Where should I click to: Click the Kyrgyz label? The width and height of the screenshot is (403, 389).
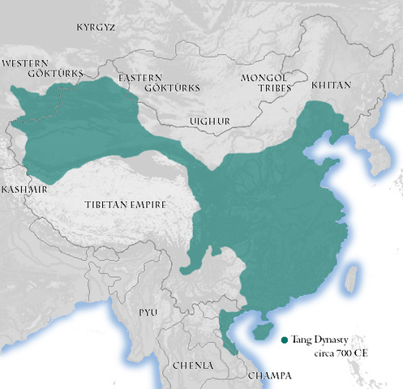click(96, 27)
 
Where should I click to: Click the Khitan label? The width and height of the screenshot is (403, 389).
click(331, 84)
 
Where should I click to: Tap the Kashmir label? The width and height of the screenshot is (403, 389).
click(24, 188)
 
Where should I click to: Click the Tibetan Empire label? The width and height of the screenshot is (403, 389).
click(125, 205)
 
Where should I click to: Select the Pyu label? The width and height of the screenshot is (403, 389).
click(148, 312)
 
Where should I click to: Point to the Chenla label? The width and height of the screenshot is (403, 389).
click(193, 365)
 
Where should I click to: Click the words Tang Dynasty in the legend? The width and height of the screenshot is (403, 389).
click(319, 340)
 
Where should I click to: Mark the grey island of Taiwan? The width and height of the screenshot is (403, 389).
click(351, 279)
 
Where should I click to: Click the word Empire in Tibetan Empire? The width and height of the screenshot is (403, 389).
click(146, 205)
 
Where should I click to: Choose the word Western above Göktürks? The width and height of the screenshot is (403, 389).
click(25, 62)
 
